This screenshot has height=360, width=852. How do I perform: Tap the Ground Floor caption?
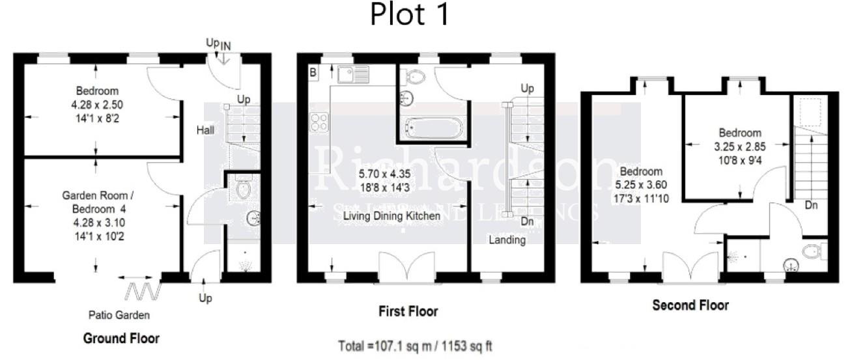121,339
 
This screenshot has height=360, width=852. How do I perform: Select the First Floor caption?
408,312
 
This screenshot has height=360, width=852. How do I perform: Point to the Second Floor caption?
690,305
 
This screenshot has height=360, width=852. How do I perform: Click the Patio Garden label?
119,315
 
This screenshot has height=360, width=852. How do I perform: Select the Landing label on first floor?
507,240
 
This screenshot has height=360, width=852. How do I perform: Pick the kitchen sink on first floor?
354,74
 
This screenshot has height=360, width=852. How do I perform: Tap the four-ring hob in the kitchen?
319,122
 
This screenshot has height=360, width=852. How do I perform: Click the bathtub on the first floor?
432,127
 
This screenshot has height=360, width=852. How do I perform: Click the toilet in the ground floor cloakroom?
243,188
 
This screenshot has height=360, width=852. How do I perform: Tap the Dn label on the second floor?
811,205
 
